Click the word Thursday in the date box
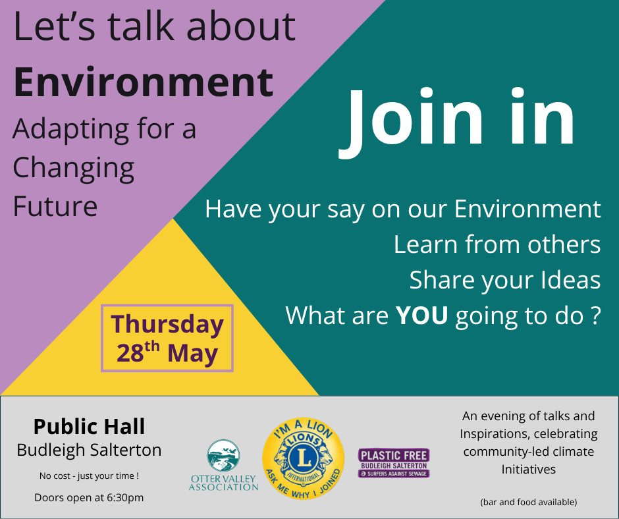click(167, 325)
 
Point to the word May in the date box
click(192, 354)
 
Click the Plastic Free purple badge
click(394, 463)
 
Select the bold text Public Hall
click(89, 427)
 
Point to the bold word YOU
click(421, 315)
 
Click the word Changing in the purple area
click(73, 169)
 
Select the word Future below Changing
click(55, 205)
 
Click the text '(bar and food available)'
click(529, 502)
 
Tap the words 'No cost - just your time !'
click(89, 475)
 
